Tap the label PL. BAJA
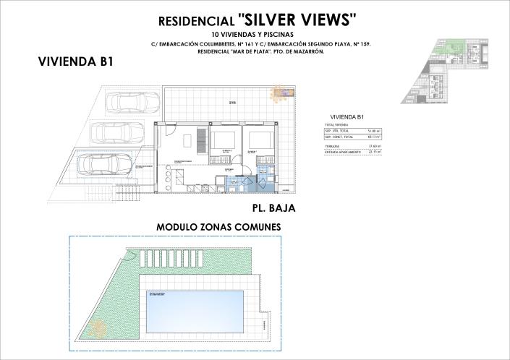coord(275,207)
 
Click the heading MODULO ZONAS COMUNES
coord(218,227)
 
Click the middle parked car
coord(117,132)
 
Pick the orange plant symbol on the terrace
coord(278,93)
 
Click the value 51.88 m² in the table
coord(375,130)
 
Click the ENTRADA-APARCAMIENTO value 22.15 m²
coord(375,153)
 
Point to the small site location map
coord(446,68)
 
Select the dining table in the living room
coord(187,139)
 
